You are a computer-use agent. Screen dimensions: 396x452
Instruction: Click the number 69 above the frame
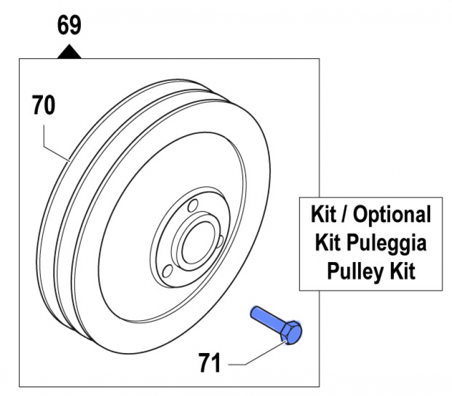(69, 27)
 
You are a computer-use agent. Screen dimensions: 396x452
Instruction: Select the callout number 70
(44, 106)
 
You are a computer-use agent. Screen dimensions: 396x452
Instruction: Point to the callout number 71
(210, 362)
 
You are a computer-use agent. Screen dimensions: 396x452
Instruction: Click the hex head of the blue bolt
(292, 332)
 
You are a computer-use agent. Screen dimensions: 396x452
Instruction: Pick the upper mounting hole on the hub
(192, 204)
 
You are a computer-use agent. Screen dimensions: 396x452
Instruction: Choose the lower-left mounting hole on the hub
(168, 272)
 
